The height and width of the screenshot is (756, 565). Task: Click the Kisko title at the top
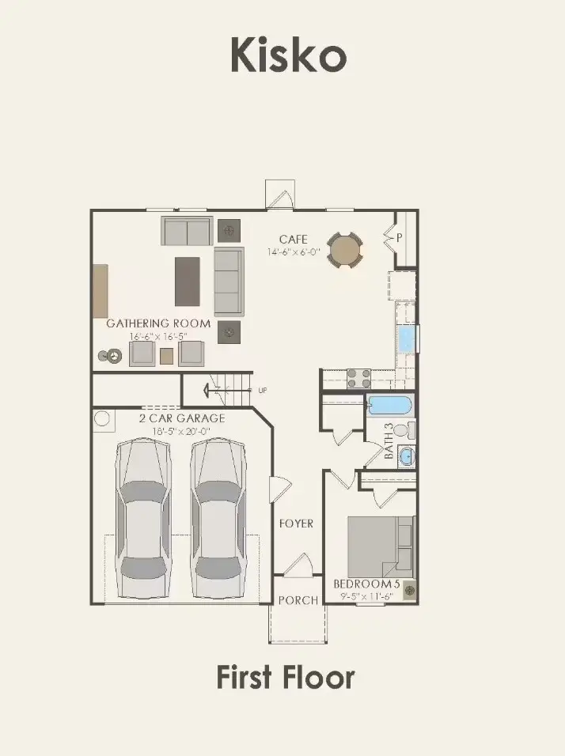point(288,56)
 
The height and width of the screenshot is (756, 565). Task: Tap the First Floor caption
point(286,678)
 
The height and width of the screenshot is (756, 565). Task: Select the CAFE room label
point(293,240)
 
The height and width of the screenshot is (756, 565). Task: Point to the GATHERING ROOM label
point(158,323)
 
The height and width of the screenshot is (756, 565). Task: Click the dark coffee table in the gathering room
point(188,281)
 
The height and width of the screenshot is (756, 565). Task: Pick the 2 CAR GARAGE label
point(182,418)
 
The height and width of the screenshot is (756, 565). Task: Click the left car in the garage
point(142,518)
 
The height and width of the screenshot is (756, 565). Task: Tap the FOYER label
point(296,524)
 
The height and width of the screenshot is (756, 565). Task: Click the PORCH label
point(298,600)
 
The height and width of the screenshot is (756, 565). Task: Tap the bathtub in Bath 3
point(389,406)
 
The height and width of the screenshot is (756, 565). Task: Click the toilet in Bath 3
point(402,431)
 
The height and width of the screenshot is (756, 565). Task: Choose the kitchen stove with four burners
point(359,378)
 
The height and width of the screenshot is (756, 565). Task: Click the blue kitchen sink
point(407,339)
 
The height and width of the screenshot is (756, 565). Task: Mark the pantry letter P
point(400,236)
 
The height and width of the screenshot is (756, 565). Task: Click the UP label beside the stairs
point(262,390)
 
